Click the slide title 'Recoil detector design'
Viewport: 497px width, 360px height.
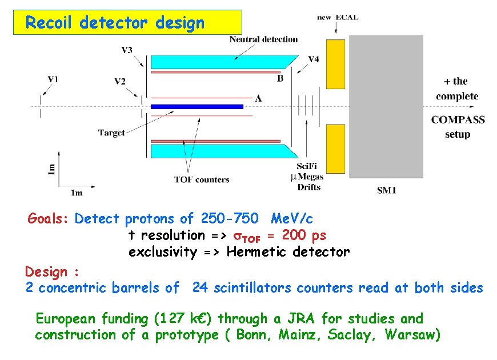[x=115, y=23]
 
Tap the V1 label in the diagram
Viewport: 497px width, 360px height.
[x=53, y=79]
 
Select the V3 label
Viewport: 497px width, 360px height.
[x=127, y=50]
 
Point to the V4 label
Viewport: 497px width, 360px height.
[x=314, y=59]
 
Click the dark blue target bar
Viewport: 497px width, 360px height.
[x=197, y=106]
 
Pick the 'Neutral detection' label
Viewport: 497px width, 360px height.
[x=263, y=39]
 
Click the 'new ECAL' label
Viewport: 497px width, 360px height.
[x=338, y=17]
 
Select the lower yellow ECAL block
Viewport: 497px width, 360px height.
[x=335, y=149]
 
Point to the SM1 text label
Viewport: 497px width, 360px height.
[x=387, y=190]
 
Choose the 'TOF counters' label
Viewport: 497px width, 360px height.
[x=202, y=179]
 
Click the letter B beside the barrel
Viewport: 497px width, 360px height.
[x=280, y=79]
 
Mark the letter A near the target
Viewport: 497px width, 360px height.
[x=258, y=99]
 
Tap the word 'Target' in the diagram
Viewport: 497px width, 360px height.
[x=111, y=133]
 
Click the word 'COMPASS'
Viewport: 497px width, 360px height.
[x=458, y=120]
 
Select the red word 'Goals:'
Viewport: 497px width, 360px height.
[x=49, y=218]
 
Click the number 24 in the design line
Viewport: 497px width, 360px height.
[x=200, y=288]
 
